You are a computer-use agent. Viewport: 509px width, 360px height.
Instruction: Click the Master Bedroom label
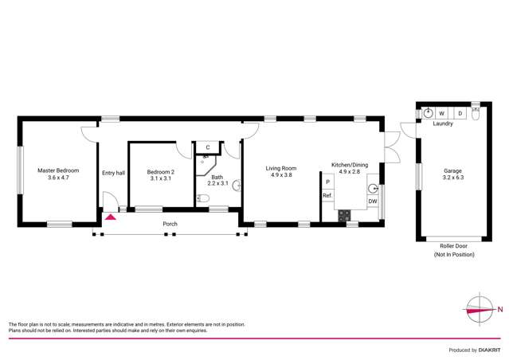tap(58, 174)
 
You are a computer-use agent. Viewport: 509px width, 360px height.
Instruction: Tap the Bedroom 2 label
tap(160, 174)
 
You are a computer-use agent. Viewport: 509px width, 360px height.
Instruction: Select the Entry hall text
tap(113, 173)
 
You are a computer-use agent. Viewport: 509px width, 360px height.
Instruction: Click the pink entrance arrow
tap(111, 215)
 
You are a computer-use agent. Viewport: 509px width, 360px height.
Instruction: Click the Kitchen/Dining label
tap(350, 167)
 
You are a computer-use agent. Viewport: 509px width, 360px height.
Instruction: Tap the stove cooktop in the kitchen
tap(344, 214)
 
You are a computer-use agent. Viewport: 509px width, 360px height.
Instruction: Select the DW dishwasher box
tap(372, 202)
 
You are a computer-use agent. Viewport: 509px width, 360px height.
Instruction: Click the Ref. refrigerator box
tap(327, 196)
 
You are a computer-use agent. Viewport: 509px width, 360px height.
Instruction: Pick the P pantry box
tap(327, 182)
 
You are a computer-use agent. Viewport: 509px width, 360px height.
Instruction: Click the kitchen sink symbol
tap(372, 189)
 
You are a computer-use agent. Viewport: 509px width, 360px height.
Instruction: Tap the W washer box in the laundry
tap(440, 114)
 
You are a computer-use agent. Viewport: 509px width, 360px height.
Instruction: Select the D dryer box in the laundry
tap(460, 114)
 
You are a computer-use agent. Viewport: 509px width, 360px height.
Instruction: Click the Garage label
tap(452, 174)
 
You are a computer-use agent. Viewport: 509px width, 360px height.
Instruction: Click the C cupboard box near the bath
tap(207, 147)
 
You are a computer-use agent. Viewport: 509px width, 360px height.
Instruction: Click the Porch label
tap(170, 224)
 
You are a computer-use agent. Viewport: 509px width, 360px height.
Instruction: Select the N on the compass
tap(499, 309)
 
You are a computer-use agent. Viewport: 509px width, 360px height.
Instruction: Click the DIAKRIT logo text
tap(488, 350)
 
